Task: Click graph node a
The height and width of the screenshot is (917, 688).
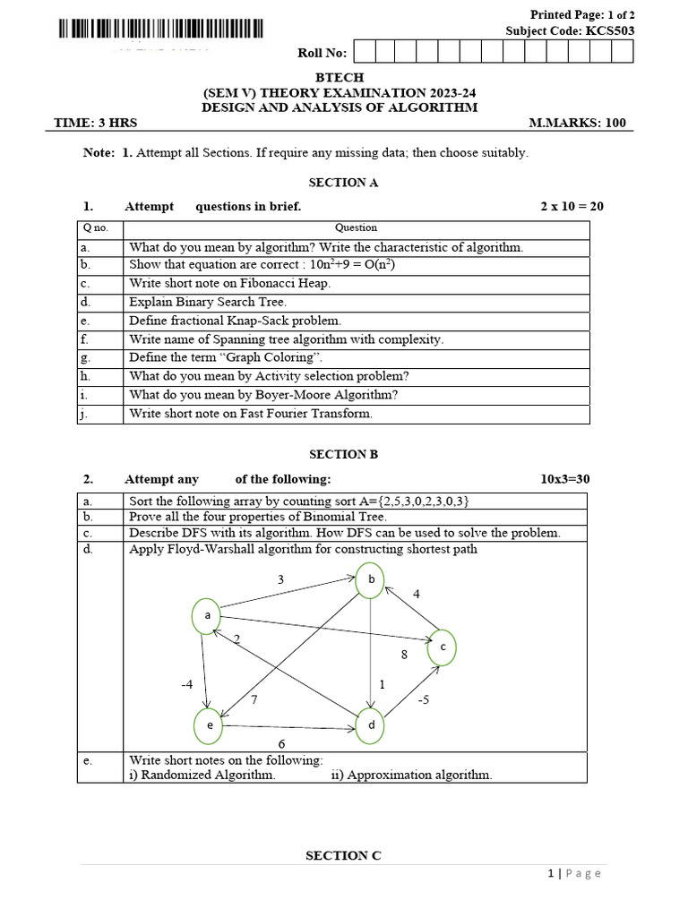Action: pos(207,615)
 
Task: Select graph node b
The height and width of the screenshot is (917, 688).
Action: pos(370,579)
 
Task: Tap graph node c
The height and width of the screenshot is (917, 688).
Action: pos(442,647)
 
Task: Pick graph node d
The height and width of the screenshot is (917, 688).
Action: pos(370,725)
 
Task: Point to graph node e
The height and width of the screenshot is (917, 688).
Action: pos(210,725)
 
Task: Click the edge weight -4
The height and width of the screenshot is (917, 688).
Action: pos(186,685)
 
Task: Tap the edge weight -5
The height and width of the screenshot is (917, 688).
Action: pos(424,699)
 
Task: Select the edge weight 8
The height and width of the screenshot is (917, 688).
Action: pos(404,655)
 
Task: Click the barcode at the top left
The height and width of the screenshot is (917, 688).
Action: pos(160,29)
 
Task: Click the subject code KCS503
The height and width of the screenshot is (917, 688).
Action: pos(610,30)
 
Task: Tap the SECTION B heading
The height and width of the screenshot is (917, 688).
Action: pos(343,454)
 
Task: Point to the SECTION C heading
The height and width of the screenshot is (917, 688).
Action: pos(343,855)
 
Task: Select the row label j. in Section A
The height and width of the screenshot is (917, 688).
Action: pos(85,414)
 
